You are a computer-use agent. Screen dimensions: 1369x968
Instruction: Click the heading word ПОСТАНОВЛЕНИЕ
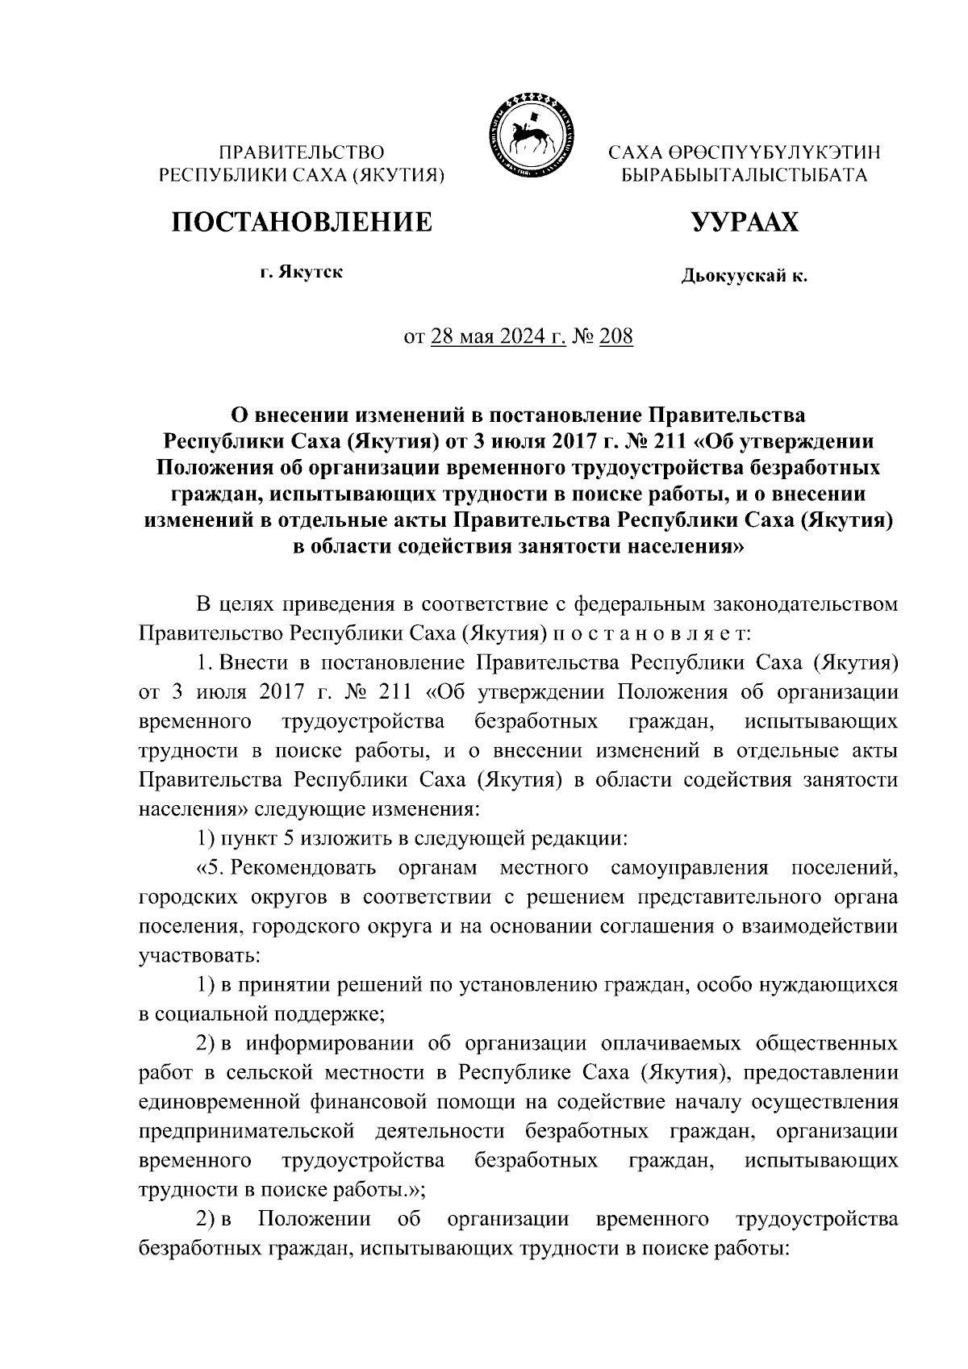301,221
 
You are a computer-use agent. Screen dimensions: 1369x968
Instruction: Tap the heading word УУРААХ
745,221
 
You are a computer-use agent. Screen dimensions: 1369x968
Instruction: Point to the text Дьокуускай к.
744,277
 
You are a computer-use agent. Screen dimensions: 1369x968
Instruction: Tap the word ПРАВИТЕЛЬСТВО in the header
303,152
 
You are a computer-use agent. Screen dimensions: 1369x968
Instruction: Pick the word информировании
330,1044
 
